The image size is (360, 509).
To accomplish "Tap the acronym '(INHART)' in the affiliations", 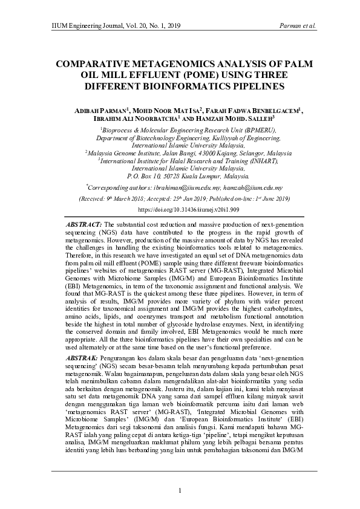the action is [x=261, y=161].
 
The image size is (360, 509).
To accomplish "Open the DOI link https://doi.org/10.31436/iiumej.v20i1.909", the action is [x=180, y=209].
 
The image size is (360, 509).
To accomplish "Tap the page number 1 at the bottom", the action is [x=180, y=490].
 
